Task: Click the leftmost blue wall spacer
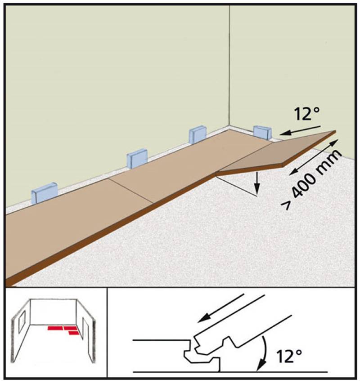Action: [x=44, y=192]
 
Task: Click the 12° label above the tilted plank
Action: [x=307, y=114]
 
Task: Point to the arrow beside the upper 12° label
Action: [x=300, y=130]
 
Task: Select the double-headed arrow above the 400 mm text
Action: [x=314, y=157]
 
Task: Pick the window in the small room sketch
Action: [x=22, y=321]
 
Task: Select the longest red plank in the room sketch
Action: [x=55, y=328]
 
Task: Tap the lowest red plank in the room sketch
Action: [x=74, y=333]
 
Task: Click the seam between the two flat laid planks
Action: [x=131, y=191]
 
